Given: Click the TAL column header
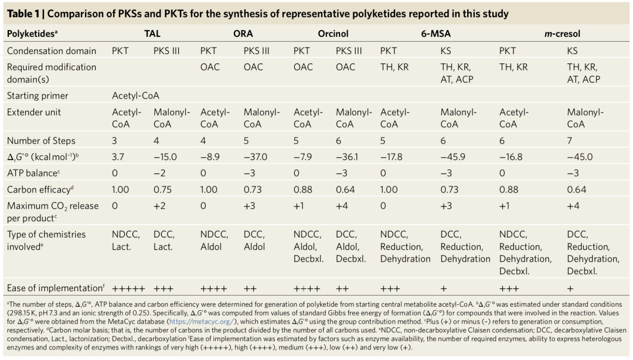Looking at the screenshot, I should (152, 34).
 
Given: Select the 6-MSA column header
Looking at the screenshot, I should (435, 34).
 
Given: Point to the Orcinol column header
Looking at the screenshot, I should (333, 34).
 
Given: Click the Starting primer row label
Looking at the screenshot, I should (38, 96).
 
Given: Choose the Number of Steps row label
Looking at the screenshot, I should (41, 141).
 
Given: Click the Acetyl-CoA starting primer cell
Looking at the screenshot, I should (135, 96).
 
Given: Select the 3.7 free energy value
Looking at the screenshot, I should (118, 157).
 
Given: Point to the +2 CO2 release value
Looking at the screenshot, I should (160, 206).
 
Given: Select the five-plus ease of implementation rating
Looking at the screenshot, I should (127, 288).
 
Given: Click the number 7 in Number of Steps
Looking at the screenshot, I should (570, 141).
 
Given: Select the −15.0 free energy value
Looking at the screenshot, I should (166, 157).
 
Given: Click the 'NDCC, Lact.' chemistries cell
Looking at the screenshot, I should (125, 240).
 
